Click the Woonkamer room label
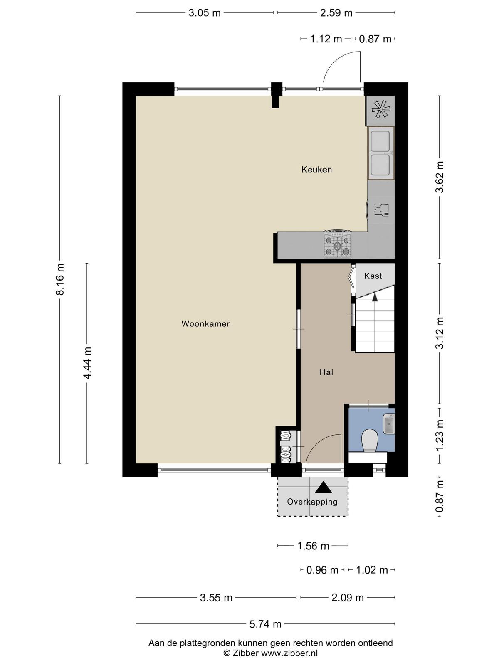coord(205,323)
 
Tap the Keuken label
coord(316,169)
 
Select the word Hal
coord(326,372)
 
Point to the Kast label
coord(373,276)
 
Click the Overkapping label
coord(312,502)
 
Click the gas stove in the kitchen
coord(338,244)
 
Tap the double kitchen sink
coord(381,153)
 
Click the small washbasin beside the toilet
coord(389,424)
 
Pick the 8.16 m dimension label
coord(60,279)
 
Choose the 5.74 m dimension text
coord(265,624)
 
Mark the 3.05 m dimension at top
coord(205,13)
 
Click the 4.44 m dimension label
coord(88,363)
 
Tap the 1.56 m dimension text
coord(313,546)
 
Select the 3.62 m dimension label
coord(440,177)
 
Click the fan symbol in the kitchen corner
coord(380,109)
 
